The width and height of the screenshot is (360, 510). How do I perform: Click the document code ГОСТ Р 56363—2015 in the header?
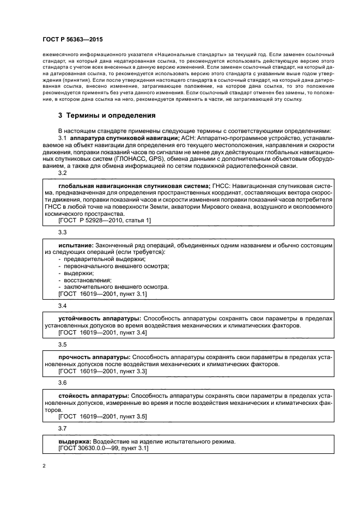click(72, 40)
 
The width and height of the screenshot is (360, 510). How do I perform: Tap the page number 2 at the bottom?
click(44, 466)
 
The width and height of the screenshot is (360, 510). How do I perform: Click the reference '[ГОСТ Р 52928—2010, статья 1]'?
click(105, 220)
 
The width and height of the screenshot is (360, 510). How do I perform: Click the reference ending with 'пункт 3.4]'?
click(102, 332)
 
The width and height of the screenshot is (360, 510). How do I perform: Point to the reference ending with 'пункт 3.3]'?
click(102, 371)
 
